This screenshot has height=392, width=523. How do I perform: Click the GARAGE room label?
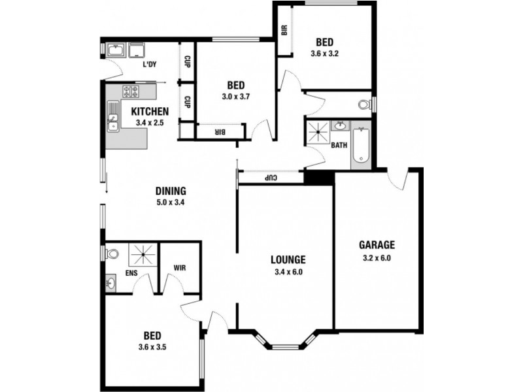(377, 245)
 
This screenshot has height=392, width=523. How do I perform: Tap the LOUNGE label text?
(288, 259)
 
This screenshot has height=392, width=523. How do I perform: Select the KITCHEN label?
(150, 111)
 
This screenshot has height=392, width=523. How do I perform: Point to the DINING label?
(171, 191)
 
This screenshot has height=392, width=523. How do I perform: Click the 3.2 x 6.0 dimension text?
(377, 258)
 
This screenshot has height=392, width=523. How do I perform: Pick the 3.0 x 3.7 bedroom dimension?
(236, 97)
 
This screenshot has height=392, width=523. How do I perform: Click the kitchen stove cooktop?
(131, 91)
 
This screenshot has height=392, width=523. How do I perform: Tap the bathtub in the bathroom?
(361, 145)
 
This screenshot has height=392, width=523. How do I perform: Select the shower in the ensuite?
(143, 255)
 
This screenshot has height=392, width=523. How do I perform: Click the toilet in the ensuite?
(112, 254)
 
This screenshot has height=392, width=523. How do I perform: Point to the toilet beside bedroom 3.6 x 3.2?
(365, 105)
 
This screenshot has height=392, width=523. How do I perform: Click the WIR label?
(179, 268)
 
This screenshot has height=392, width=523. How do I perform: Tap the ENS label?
(131, 273)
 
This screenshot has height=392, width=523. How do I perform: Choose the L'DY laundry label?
(150, 65)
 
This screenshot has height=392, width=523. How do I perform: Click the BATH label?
(339, 145)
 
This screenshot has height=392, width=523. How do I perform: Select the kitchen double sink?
(113, 116)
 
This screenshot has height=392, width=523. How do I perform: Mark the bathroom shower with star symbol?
(318, 133)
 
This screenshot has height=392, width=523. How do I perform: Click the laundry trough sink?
(116, 50)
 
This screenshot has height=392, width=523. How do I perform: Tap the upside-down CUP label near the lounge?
(271, 178)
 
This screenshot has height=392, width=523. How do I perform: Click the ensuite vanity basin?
(110, 284)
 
